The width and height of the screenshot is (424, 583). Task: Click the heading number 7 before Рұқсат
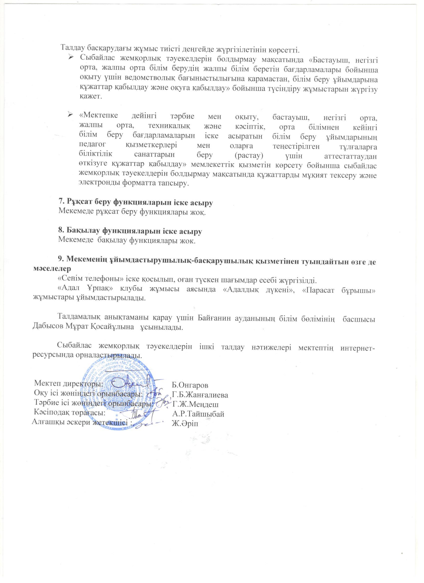[x=61, y=202]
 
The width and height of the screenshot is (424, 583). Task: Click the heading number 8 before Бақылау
[x=61, y=231]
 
